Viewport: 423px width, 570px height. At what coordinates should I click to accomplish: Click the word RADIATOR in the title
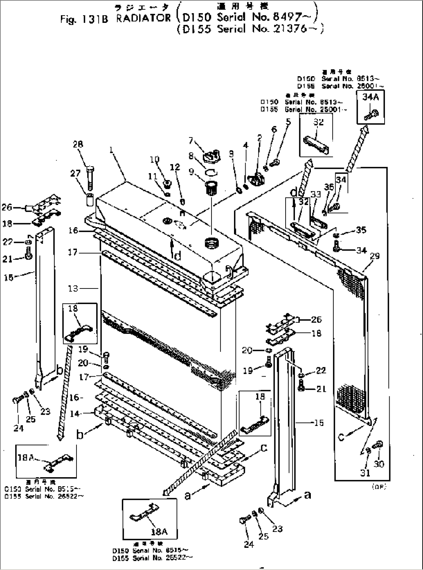[x=143, y=18]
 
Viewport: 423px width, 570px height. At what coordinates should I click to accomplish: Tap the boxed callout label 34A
[x=370, y=97]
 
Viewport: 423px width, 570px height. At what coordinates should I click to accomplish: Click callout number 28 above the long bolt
[x=78, y=144]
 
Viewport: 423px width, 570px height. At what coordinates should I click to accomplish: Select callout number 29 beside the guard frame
[x=375, y=256]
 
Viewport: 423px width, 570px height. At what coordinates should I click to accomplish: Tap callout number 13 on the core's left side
[x=73, y=288]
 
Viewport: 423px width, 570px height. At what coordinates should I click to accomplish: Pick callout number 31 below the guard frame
[x=366, y=473]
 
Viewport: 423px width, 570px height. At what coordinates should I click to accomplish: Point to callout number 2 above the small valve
[x=260, y=138]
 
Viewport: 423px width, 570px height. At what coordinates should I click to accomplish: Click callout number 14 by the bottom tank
[x=75, y=414]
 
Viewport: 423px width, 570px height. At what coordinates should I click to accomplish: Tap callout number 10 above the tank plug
[x=154, y=160]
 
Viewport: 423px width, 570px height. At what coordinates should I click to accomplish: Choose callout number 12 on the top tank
[x=175, y=167]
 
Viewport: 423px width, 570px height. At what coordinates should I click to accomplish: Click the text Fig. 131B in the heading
[x=84, y=19]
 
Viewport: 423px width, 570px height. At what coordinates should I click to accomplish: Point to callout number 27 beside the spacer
[x=75, y=173]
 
